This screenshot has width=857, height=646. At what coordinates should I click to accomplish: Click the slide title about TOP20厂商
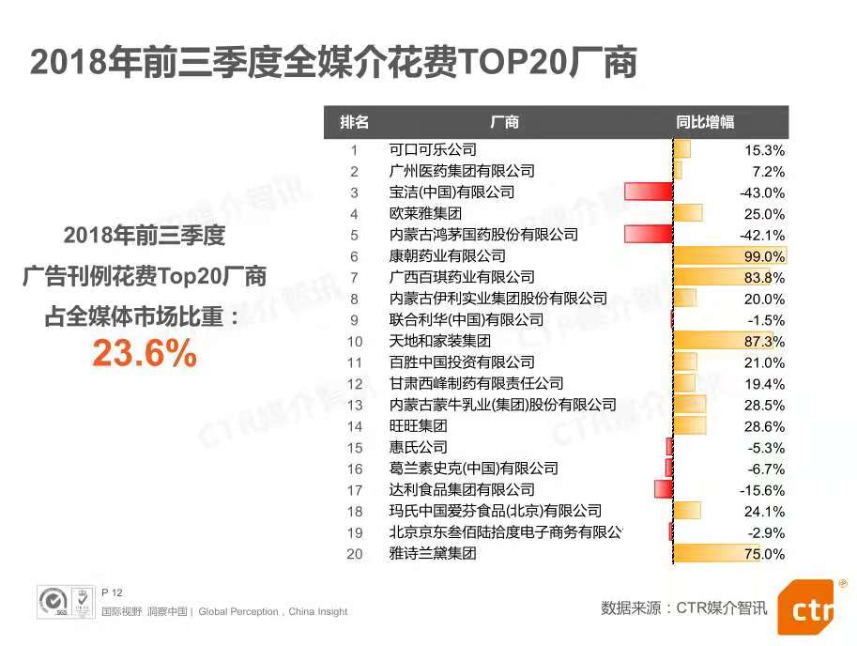333,62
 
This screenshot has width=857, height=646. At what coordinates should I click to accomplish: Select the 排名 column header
354,122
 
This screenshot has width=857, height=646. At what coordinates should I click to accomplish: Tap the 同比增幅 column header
705,122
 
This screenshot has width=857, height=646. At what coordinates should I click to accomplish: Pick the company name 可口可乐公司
433,149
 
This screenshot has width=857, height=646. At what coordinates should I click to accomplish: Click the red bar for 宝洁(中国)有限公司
649,192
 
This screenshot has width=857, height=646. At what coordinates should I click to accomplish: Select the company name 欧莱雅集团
425,213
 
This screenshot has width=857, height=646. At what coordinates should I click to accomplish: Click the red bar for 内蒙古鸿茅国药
649,235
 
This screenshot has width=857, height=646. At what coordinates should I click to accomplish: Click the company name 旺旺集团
418,426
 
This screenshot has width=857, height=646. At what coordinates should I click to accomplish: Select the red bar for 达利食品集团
664,489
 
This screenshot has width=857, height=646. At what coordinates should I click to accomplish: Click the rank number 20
354,554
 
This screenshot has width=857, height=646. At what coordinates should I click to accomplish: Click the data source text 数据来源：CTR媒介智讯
683,608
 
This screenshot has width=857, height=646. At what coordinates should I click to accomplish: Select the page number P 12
112,592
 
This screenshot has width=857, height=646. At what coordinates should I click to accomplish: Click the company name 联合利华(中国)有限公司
467,319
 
